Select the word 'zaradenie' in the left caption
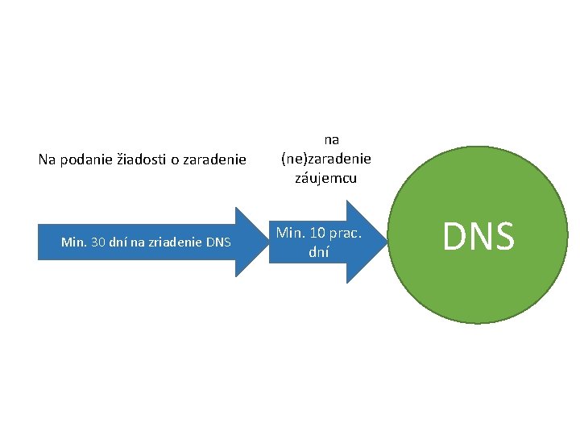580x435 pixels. pyautogui.click(x=214, y=159)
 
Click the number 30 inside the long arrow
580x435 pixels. pyautogui.click(x=101, y=242)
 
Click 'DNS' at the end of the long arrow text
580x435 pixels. pyautogui.click(x=218, y=242)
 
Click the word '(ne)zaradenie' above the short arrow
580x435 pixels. pyautogui.click(x=326, y=159)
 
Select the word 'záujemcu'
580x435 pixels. pyautogui.click(x=326, y=177)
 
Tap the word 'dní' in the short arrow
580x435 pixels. pyautogui.click(x=319, y=251)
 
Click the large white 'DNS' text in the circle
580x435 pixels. pyautogui.click(x=478, y=236)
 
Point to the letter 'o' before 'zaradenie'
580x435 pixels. pyautogui.click(x=175, y=159)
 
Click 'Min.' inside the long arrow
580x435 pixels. pyautogui.click(x=74, y=242)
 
